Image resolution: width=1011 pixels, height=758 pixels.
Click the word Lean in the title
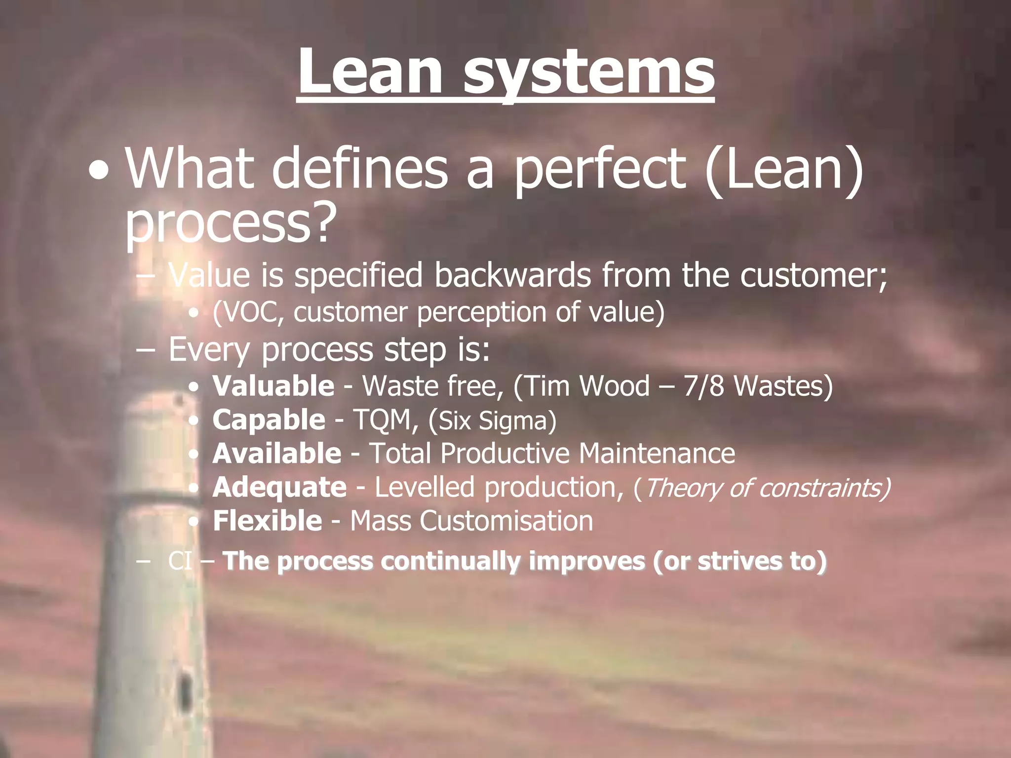tap(370, 73)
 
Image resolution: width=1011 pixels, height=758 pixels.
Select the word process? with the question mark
tap(230, 223)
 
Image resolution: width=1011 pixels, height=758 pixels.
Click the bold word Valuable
tap(273, 386)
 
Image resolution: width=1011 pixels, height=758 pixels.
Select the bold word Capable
tap(269, 420)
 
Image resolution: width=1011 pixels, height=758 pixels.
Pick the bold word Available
tap(276, 454)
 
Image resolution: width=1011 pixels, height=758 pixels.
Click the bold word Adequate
tap(279, 488)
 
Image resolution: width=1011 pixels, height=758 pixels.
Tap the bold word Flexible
tap(267, 521)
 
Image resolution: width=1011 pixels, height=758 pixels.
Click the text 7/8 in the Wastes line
tap(703, 386)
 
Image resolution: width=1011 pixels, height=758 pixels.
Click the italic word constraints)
tap(824, 488)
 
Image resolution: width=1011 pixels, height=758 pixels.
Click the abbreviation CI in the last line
tap(180, 562)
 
